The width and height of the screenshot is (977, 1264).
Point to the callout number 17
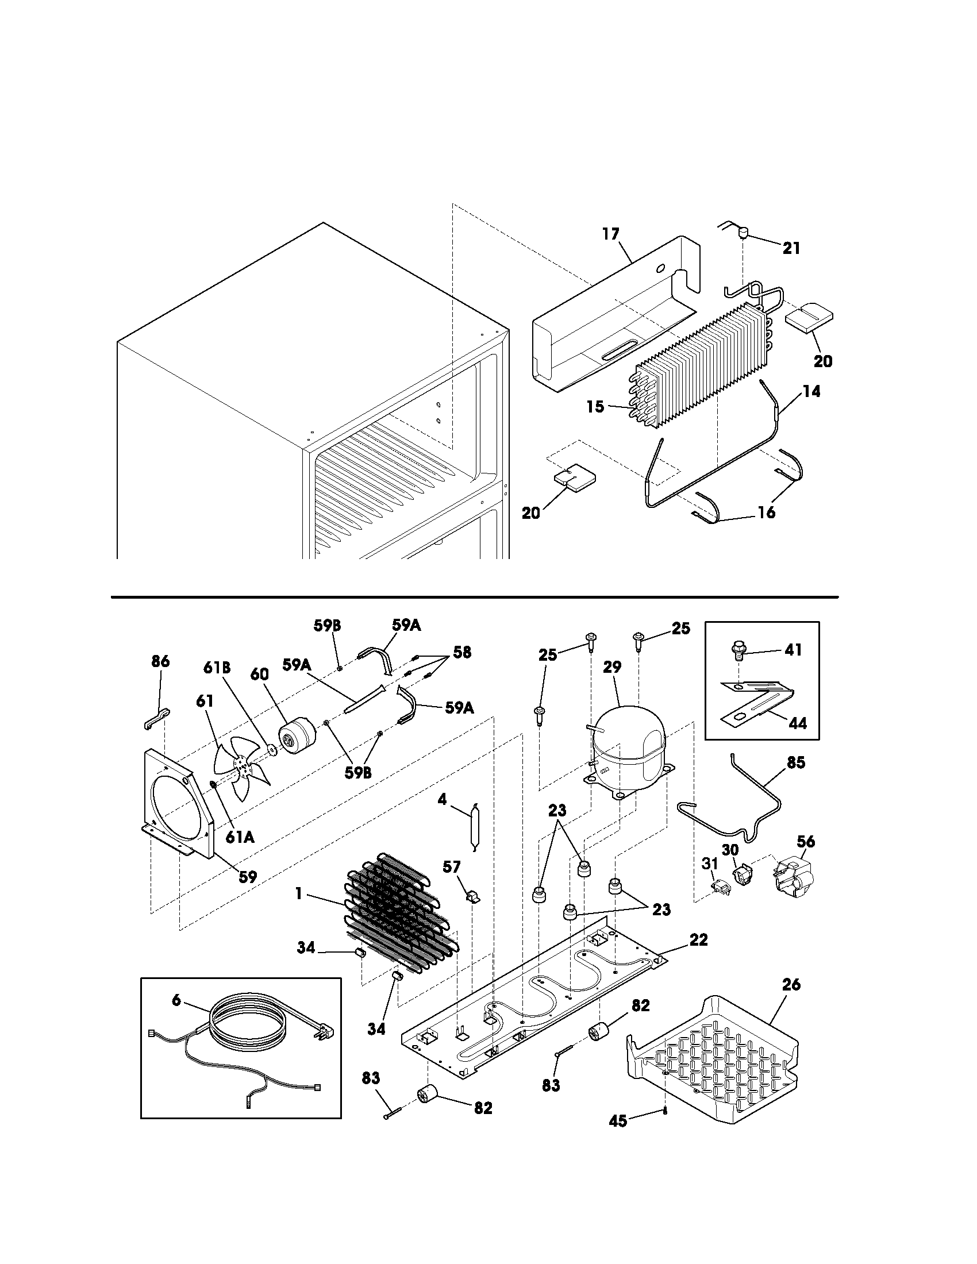pyautogui.click(x=610, y=234)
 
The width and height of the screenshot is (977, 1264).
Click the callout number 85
pyautogui.click(x=796, y=762)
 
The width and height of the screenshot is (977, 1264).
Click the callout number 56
pyautogui.click(x=805, y=842)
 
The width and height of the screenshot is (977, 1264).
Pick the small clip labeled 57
pyautogui.click(x=472, y=896)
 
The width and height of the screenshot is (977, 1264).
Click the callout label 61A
pyautogui.click(x=239, y=838)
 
